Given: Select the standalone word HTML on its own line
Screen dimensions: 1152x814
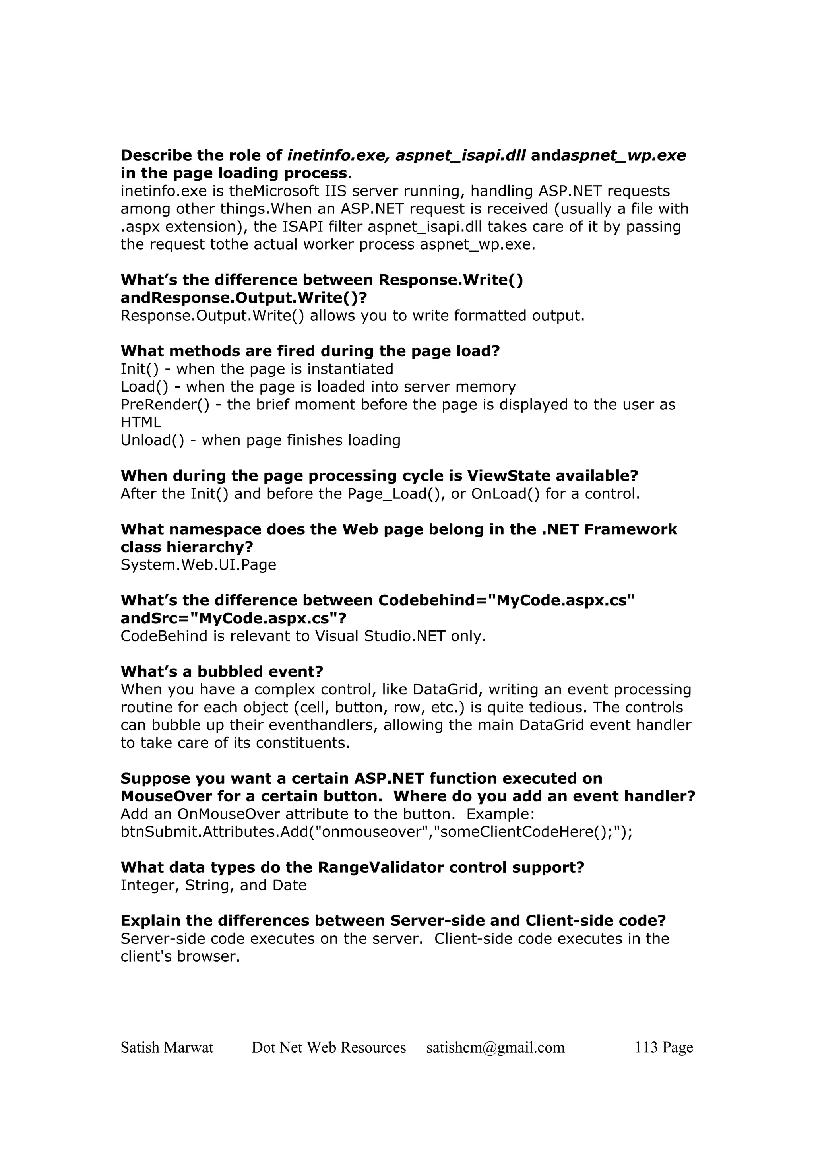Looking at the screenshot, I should point(141,423).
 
